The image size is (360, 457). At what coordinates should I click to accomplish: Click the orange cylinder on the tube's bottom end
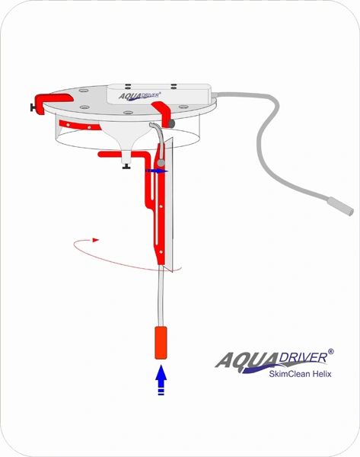161,343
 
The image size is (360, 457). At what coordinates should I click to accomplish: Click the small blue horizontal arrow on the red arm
157,171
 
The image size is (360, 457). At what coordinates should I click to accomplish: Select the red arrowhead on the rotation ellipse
96,240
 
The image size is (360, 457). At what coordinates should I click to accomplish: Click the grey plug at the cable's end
340,206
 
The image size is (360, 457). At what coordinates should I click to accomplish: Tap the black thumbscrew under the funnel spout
126,167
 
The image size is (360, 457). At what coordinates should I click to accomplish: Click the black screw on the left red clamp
33,108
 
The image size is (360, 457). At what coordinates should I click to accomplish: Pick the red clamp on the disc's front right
161,113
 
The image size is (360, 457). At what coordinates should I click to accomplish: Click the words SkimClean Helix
300,374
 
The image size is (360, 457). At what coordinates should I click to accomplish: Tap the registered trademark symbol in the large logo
330,351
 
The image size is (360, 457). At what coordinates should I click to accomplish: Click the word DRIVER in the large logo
303,357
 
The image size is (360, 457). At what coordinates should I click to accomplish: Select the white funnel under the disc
126,137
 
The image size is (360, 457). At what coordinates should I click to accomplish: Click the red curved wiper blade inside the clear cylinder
79,126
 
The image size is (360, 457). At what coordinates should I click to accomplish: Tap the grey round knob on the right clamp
171,124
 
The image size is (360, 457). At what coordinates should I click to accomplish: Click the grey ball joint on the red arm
161,163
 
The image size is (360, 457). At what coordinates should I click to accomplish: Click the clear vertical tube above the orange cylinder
161,295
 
